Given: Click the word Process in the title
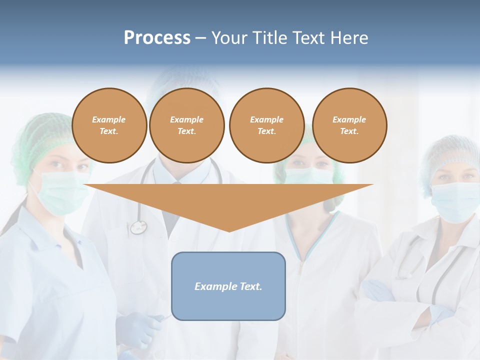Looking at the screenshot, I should point(157,38).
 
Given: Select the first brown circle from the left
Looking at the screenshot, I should point(109,125).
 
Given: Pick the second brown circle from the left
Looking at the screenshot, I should point(187,125).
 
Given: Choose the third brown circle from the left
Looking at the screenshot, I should point(266,125).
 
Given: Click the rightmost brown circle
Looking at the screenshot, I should point(349,125).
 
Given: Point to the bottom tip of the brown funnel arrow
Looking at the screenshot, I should point(229,231).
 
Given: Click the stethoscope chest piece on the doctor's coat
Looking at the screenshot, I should point(138,227).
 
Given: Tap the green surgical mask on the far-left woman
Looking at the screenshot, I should point(60,190).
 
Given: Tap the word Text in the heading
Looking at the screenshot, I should point(308,38).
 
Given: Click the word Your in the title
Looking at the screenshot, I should point(229,38).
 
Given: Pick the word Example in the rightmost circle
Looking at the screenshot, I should point(349,119).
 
